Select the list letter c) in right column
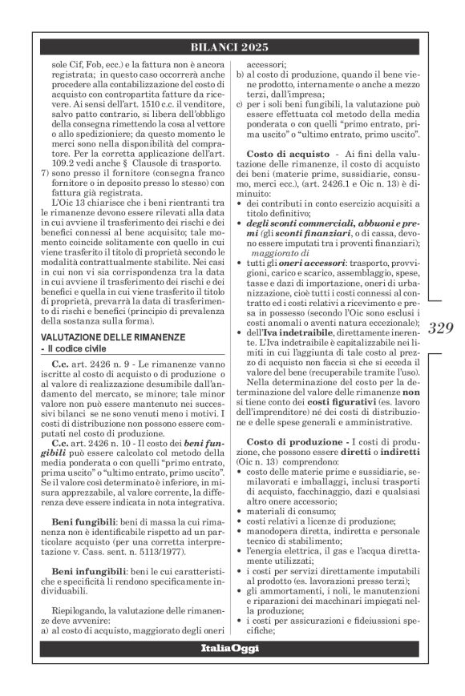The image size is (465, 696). tap(239, 104)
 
